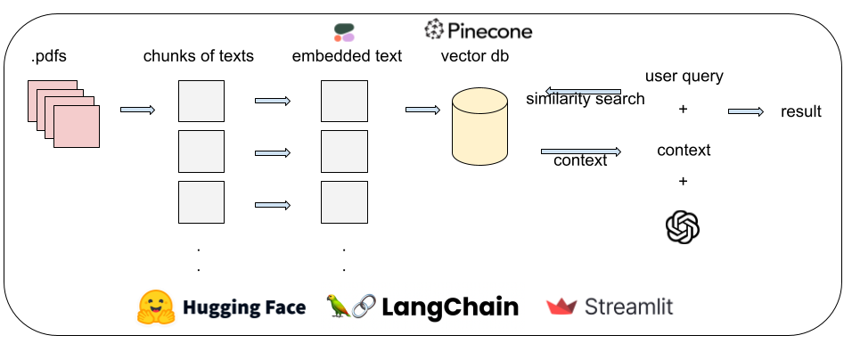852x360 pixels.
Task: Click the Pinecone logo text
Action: tap(489, 31)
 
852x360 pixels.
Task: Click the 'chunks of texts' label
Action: tap(199, 56)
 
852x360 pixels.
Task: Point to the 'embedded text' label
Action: tap(347, 56)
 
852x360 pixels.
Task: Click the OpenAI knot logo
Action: tap(683, 226)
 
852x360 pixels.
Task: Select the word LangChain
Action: tap(450, 307)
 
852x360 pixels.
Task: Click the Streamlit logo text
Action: tap(628, 307)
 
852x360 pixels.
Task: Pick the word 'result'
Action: tap(800, 111)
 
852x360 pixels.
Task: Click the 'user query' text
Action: tap(684, 76)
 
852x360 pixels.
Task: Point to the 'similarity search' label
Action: tap(585, 99)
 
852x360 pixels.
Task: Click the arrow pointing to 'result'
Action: tap(745, 111)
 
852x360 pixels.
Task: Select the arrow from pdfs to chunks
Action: tap(137, 110)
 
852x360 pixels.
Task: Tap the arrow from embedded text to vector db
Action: tap(422, 110)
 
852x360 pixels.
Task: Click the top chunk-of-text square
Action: tap(201, 101)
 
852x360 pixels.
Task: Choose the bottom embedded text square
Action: tap(344, 202)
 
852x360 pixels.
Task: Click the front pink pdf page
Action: tap(76, 127)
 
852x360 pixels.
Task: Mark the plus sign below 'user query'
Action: tap(684, 110)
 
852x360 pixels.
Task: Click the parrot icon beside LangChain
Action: tap(339, 307)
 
